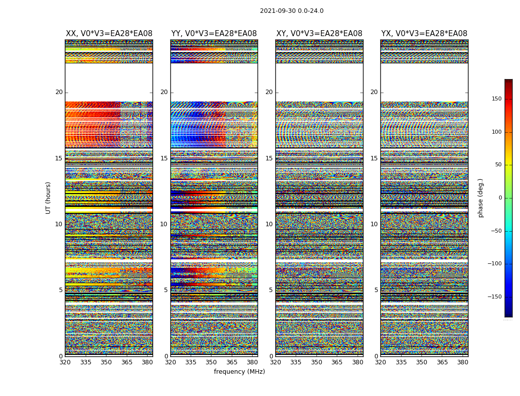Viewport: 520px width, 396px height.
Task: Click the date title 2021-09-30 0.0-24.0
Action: (x=292, y=11)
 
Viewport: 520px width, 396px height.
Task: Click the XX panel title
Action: (x=109, y=34)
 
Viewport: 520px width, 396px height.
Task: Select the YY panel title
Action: (x=214, y=34)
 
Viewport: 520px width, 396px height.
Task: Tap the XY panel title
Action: (x=319, y=34)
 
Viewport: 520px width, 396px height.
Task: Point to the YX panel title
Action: (x=424, y=34)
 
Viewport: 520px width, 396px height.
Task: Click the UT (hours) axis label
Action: (x=48, y=198)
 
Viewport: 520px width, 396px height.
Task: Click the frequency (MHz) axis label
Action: (x=239, y=372)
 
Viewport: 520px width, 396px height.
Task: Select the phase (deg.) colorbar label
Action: (x=480, y=198)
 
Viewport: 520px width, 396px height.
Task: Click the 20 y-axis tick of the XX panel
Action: (x=59, y=92)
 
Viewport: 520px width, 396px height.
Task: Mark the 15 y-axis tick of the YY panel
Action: (x=164, y=158)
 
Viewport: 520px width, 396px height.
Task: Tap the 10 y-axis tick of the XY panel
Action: (x=269, y=224)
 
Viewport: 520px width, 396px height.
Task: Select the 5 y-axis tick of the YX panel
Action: (x=376, y=290)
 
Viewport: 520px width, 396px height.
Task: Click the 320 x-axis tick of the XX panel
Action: (x=65, y=362)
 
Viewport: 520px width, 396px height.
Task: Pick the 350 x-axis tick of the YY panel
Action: (x=211, y=362)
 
